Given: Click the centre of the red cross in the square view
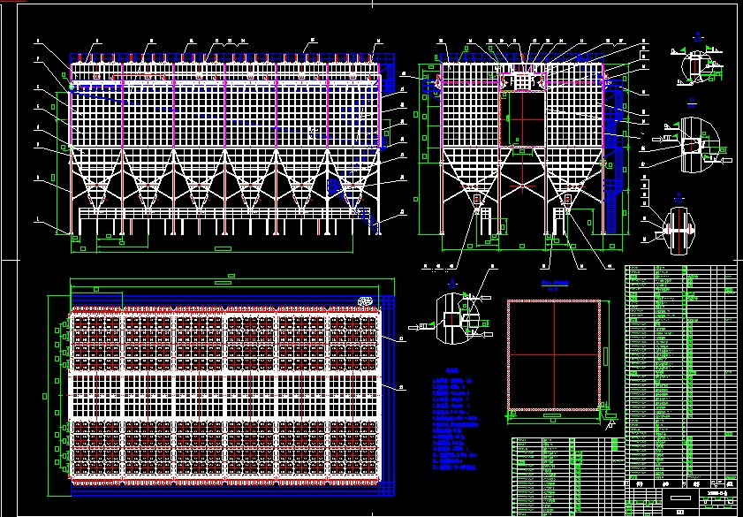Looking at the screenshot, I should (x=554, y=354).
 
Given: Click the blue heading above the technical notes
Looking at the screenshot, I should (x=452, y=371).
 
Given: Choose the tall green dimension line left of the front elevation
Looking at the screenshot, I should (x=63, y=186).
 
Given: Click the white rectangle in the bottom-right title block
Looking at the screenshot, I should (x=676, y=498).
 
